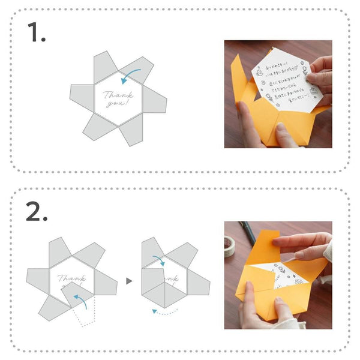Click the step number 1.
36,34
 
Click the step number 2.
37,211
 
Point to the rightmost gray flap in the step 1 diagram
156,106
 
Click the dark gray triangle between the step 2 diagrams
128,280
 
